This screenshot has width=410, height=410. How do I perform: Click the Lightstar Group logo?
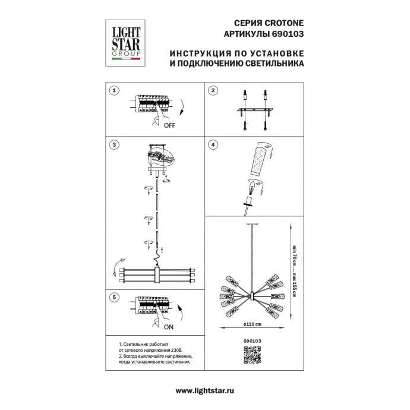point(123,40)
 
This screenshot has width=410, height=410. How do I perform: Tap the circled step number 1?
point(115,91)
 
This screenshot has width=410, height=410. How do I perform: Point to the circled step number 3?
point(115,145)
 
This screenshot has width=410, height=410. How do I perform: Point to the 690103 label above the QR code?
point(252,340)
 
